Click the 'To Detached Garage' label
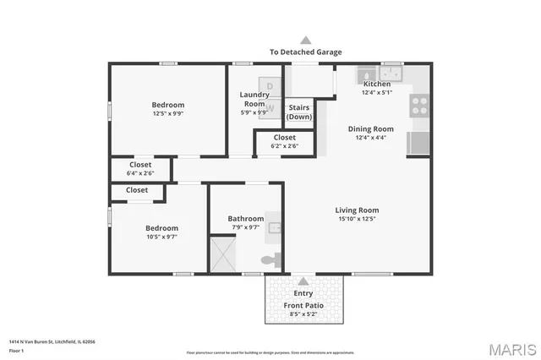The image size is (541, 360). (305, 52)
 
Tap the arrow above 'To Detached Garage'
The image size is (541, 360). (306, 39)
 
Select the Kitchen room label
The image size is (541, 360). (376, 85)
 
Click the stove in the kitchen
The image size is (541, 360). (418, 105)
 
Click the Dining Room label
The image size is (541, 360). (371, 129)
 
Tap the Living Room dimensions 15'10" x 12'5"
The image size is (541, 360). (356, 219)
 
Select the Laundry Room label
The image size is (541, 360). (254, 99)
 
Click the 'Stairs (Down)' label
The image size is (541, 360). (299, 112)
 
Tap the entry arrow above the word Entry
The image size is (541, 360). (303, 281)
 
